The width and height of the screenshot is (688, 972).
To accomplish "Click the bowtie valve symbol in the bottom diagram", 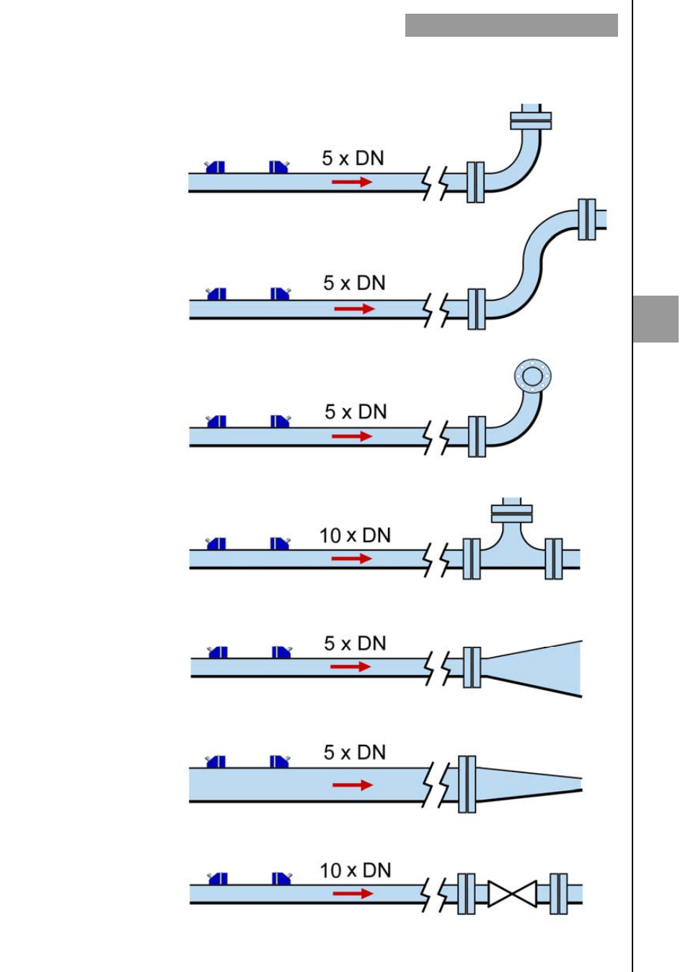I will pyautogui.click(x=512, y=894).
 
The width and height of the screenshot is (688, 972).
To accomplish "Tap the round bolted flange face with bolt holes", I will pyautogui.click(x=532, y=376).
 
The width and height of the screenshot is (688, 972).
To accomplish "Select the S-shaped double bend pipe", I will pyautogui.click(x=530, y=263).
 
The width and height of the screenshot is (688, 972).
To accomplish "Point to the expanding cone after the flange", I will pyautogui.click(x=534, y=668).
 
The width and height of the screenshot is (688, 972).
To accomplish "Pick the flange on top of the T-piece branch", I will pyautogui.click(x=512, y=513).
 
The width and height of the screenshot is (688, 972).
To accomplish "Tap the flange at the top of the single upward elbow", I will pyautogui.click(x=531, y=120).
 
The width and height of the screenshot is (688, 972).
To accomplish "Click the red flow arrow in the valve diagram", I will pyautogui.click(x=353, y=893).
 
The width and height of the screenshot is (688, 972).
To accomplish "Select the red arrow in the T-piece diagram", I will pyautogui.click(x=351, y=559).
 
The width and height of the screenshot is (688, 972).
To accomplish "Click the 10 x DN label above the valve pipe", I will pyautogui.click(x=355, y=870).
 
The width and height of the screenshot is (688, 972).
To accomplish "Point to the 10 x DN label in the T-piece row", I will pyautogui.click(x=355, y=536).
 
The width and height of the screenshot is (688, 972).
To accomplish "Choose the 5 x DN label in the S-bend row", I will pyautogui.click(x=354, y=283).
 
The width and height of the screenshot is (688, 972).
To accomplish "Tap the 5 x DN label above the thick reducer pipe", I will pyautogui.click(x=354, y=752).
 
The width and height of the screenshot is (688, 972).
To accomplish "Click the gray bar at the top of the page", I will pyautogui.click(x=511, y=25).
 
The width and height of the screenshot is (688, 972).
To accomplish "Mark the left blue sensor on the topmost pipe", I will pyautogui.click(x=215, y=167).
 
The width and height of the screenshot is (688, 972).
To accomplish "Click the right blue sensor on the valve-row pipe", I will pyautogui.click(x=281, y=878).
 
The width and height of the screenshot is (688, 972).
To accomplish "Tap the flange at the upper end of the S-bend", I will pyautogui.click(x=587, y=219).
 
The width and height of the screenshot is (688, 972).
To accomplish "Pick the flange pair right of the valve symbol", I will pyautogui.click(x=558, y=894).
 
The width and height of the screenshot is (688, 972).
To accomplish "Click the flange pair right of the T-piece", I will pyautogui.click(x=553, y=559).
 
